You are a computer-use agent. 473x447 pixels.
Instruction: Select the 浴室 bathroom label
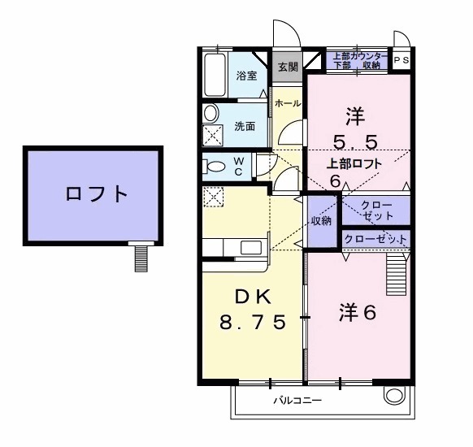click(246, 76)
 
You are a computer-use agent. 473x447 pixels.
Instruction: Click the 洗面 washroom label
click(245, 126)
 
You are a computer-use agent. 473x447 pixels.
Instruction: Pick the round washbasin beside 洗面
click(211, 114)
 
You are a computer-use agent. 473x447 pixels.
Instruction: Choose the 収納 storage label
click(321, 220)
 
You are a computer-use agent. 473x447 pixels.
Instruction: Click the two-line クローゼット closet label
click(375, 210)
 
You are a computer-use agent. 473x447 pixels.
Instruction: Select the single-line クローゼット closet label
click(375, 239)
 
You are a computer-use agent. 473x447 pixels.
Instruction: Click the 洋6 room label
click(356, 311)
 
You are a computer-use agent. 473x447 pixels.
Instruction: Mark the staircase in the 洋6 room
click(396, 275)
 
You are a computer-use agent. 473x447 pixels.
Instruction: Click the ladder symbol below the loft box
click(142, 258)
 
